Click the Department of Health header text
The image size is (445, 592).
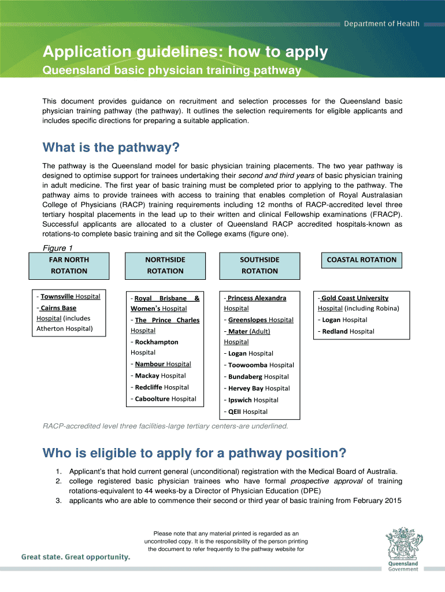click(382, 24)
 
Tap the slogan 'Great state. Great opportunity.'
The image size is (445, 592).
click(76, 557)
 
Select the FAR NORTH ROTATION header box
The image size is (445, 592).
click(69, 265)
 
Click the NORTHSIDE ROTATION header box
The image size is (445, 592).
click(165, 265)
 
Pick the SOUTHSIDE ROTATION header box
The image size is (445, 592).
click(259, 265)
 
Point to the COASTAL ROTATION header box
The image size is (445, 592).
click(361, 260)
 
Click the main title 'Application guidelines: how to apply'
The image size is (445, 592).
click(185, 53)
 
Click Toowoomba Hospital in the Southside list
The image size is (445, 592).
click(261, 365)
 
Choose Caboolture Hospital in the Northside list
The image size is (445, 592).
click(165, 399)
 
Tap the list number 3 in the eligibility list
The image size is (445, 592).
click(59, 501)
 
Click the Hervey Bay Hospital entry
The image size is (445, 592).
click(259, 388)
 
